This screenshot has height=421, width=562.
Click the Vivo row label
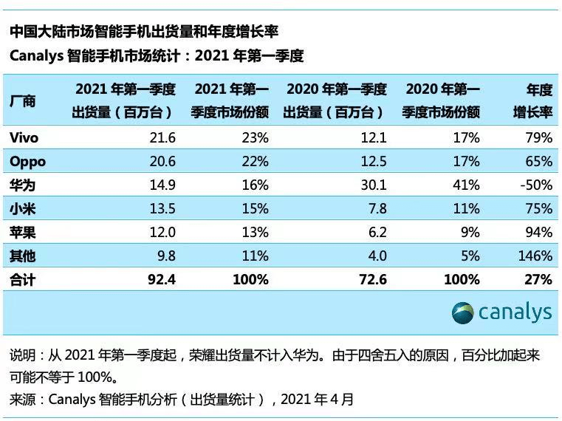click(x=24, y=138)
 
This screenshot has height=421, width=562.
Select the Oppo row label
click(x=28, y=162)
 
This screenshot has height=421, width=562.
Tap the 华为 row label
click(x=23, y=185)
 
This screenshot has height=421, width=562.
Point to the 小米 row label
click(x=23, y=209)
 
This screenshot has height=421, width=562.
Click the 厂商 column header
click(x=23, y=101)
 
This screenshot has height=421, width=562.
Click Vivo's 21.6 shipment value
click(x=162, y=138)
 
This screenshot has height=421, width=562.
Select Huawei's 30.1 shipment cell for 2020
click(x=372, y=185)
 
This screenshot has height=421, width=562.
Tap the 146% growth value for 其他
click(x=535, y=256)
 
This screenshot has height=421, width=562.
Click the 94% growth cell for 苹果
click(x=538, y=233)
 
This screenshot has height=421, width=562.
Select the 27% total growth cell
click(x=538, y=280)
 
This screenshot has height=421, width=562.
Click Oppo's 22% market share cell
click(x=256, y=162)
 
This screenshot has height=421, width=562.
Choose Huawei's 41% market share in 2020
click(x=467, y=185)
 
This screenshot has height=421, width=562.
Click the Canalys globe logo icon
click(x=463, y=312)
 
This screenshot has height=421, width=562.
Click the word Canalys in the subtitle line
click(x=38, y=56)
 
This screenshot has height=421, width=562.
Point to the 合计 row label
click(x=23, y=280)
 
